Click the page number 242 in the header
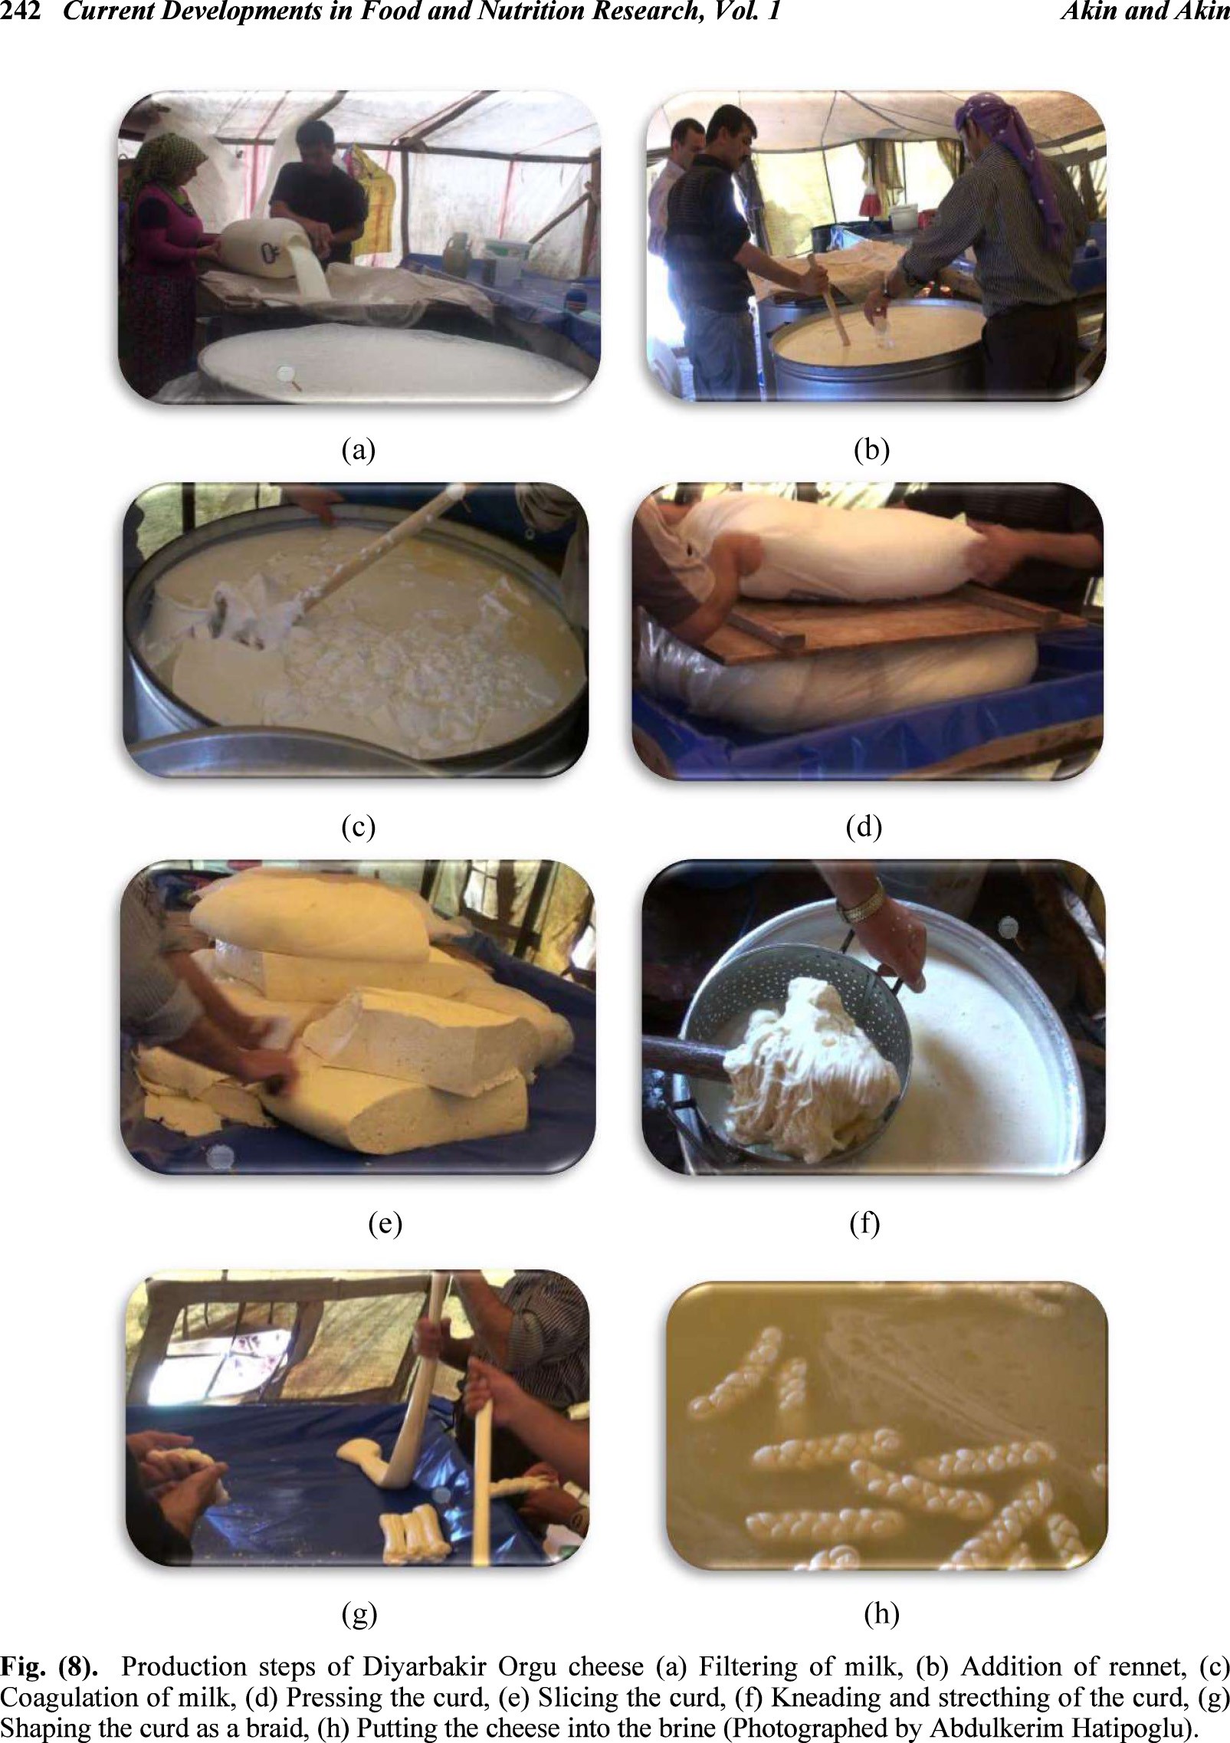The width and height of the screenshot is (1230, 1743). tap(20, 11)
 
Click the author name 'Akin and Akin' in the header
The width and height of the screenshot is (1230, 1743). tap(1145, 11)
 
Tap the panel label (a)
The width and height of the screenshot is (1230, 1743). tap(358, 449)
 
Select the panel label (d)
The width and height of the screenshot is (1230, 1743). tap(864, 826)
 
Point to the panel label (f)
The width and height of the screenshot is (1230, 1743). tap(864, 1223)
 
